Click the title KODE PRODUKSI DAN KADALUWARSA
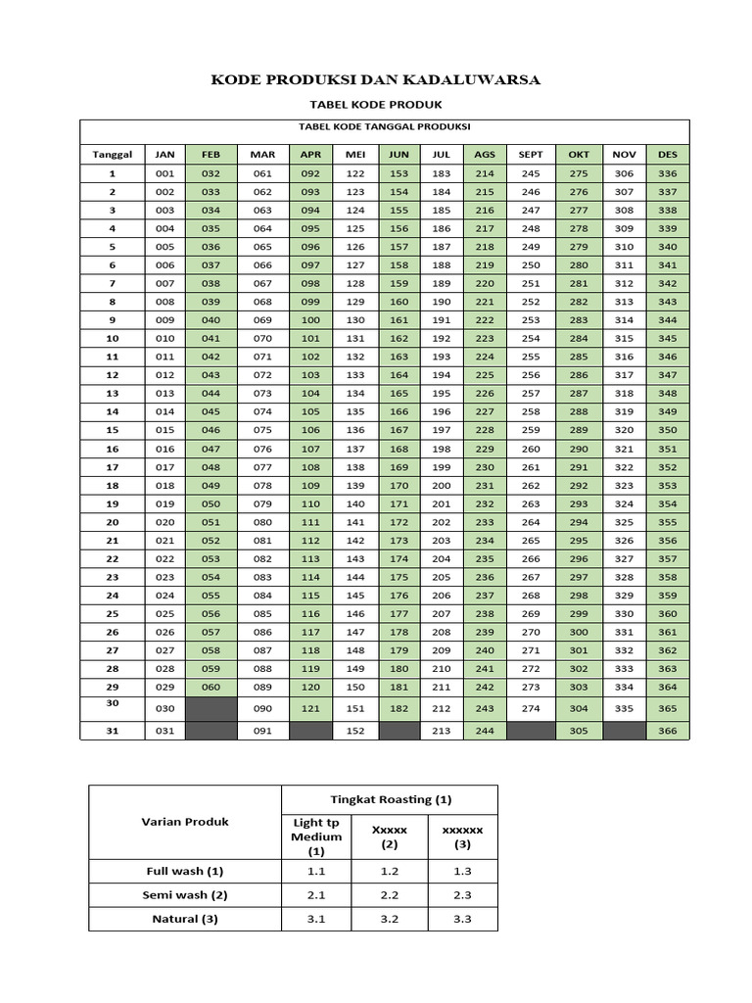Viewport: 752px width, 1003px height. tap(376, 80)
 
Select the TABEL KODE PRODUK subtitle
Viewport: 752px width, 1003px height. tap(376, 104)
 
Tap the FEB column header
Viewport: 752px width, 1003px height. tap(211, 155)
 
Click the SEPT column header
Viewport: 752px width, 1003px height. tap(531, 155)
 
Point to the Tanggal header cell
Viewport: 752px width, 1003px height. tap(112, 155)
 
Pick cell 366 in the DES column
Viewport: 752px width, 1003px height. tap(668, 731)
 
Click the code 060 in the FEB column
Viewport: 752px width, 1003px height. tap(211, 687)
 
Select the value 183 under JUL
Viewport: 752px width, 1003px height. tap(442, 173)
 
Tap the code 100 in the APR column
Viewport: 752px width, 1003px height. tap(311, 320)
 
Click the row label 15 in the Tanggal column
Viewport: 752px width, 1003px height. tap(112, 430)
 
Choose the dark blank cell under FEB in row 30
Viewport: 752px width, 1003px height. tap(211, 708)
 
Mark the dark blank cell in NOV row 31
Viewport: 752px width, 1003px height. tap(624, 731)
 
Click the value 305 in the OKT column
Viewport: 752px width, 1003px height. tap(579, 731)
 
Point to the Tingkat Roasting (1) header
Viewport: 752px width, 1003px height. tap(389, 799)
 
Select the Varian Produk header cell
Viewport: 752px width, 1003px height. tap(184, 822)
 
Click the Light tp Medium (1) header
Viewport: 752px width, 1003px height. tap(316, 836)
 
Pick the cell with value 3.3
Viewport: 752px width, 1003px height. tap(462, 919)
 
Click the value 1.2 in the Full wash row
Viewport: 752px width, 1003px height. tap(389, 870)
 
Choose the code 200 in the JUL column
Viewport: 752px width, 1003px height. tap(442, 486)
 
